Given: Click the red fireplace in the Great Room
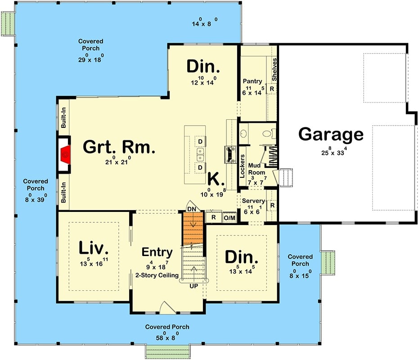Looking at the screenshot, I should pyautogui.click(x=66, y=154).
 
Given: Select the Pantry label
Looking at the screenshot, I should pyautogui.click(x=252, y=81).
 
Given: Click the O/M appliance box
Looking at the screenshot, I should pyautogui.click(x=230, y=218).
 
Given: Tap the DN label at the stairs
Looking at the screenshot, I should pyautogui.click(x=192, y=209).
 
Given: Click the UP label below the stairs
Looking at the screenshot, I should pyautogui.click(x=193, y=286).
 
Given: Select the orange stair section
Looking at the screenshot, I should pyautogui.click(x=194, y=229).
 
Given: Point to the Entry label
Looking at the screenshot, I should pyautogui.click(x=157, y=252).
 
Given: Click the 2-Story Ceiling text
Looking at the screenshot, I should pyautogui.click(x=157, y=275).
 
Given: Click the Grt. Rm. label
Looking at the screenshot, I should pyautogui.click(x=119, y=147).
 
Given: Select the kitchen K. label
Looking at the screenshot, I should pyautogui.click(x=216, y=180).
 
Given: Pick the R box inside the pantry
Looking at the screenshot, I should pyautogui.click(x=272, y=89).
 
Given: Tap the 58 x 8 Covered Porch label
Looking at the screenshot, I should pyautogui.click(x=167, y=327).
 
